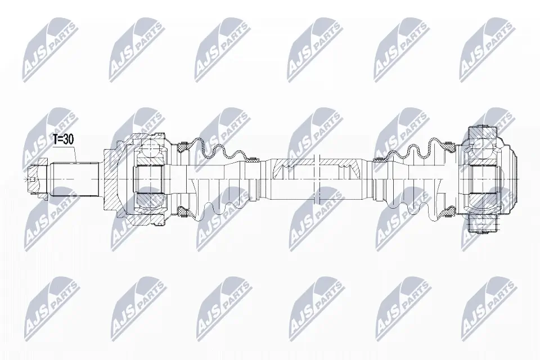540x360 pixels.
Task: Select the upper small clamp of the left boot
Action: (254, 159)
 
